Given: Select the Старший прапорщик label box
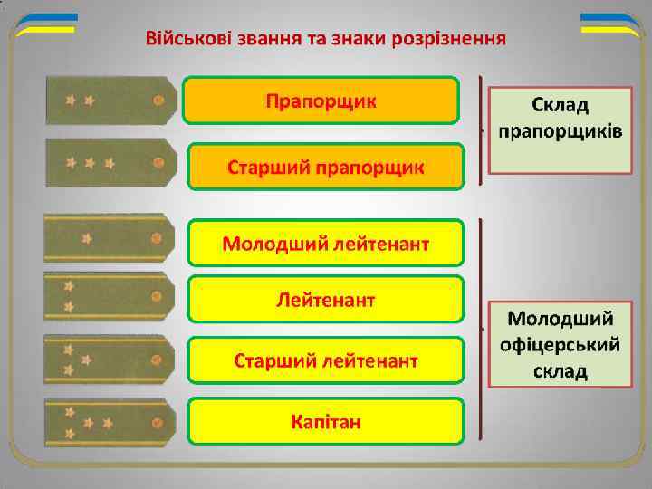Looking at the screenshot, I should click(325, 167).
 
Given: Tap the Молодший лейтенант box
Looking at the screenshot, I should click(326, 243).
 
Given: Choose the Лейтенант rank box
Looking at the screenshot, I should click(326, 298).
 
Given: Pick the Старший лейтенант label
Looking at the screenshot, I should click(326, 361).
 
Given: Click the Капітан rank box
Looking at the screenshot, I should click(326, 420).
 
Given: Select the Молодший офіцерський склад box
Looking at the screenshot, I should click(560, 345).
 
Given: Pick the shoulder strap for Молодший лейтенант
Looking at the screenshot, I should click(108, 237).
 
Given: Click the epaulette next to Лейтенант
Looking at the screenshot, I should click(108, 295).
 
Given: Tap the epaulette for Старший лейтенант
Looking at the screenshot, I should click(108, 359).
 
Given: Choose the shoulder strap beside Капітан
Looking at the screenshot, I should click(108, 422).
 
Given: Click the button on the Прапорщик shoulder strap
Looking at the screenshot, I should click(158, 101).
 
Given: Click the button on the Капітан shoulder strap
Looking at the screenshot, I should click(158, 424).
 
